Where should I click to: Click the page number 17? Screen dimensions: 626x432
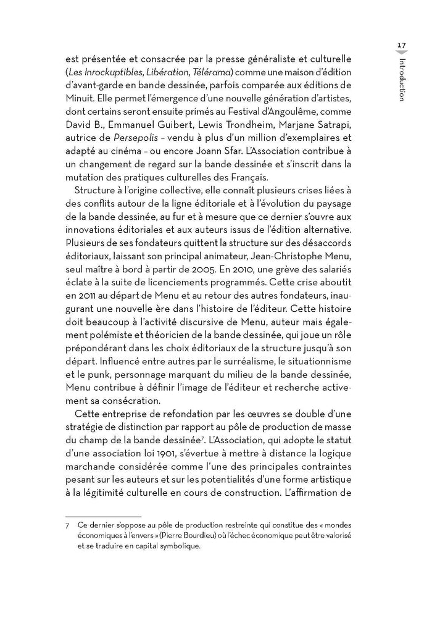[x=401, y=45]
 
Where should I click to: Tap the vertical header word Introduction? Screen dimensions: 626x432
[x=402, y=80]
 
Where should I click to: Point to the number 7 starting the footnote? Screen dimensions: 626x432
[x=67, y=525]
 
